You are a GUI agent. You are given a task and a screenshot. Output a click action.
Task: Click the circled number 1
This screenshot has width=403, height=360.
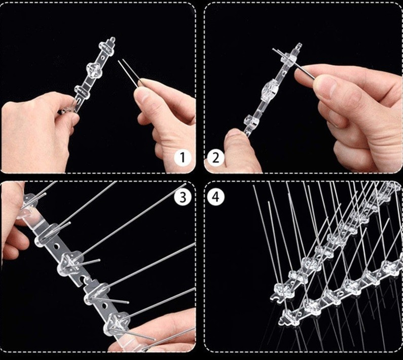(x=182, y=157)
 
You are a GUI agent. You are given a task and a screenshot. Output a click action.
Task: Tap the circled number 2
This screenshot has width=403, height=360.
(x=216, y=157)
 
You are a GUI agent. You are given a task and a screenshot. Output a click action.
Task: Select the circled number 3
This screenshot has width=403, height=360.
(x=182, y=197)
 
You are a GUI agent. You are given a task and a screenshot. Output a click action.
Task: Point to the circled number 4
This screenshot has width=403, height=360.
(x=216, y=197)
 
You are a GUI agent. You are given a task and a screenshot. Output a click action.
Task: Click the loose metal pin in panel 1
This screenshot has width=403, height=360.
(x=130, y=73)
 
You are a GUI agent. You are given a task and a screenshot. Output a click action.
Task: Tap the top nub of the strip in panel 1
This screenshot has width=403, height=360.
(x=112, y=40)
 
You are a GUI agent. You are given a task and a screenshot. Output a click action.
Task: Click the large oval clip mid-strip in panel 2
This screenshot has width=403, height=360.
(x=270, y=90)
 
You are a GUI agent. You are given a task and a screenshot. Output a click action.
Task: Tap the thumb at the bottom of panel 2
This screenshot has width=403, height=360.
(x=238, y=151)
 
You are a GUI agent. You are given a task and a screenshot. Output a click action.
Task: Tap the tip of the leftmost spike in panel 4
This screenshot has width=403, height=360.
(x=254, y=186)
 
